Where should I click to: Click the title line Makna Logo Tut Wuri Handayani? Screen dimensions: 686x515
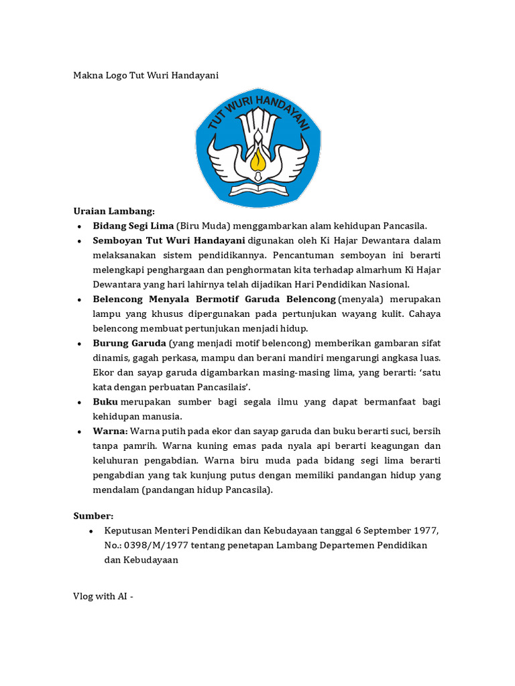click(146, 76)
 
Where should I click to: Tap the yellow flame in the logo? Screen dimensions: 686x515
click(257, 159)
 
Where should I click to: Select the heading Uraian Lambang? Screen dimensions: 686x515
click(114, 211)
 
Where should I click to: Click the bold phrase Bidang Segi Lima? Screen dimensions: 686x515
click(133, 226)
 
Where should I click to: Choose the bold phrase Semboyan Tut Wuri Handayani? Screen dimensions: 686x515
click(169, 241)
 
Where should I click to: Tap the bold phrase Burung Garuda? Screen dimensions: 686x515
click(129, 344)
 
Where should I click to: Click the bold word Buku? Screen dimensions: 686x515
click(105, 402)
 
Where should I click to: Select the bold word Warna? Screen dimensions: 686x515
click(110, 431)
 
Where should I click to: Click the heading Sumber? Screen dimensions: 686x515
click(93, 516)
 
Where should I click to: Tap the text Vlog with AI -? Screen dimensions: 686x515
click(103, 597)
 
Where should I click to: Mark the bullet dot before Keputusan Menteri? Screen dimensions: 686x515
click(91, 531)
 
